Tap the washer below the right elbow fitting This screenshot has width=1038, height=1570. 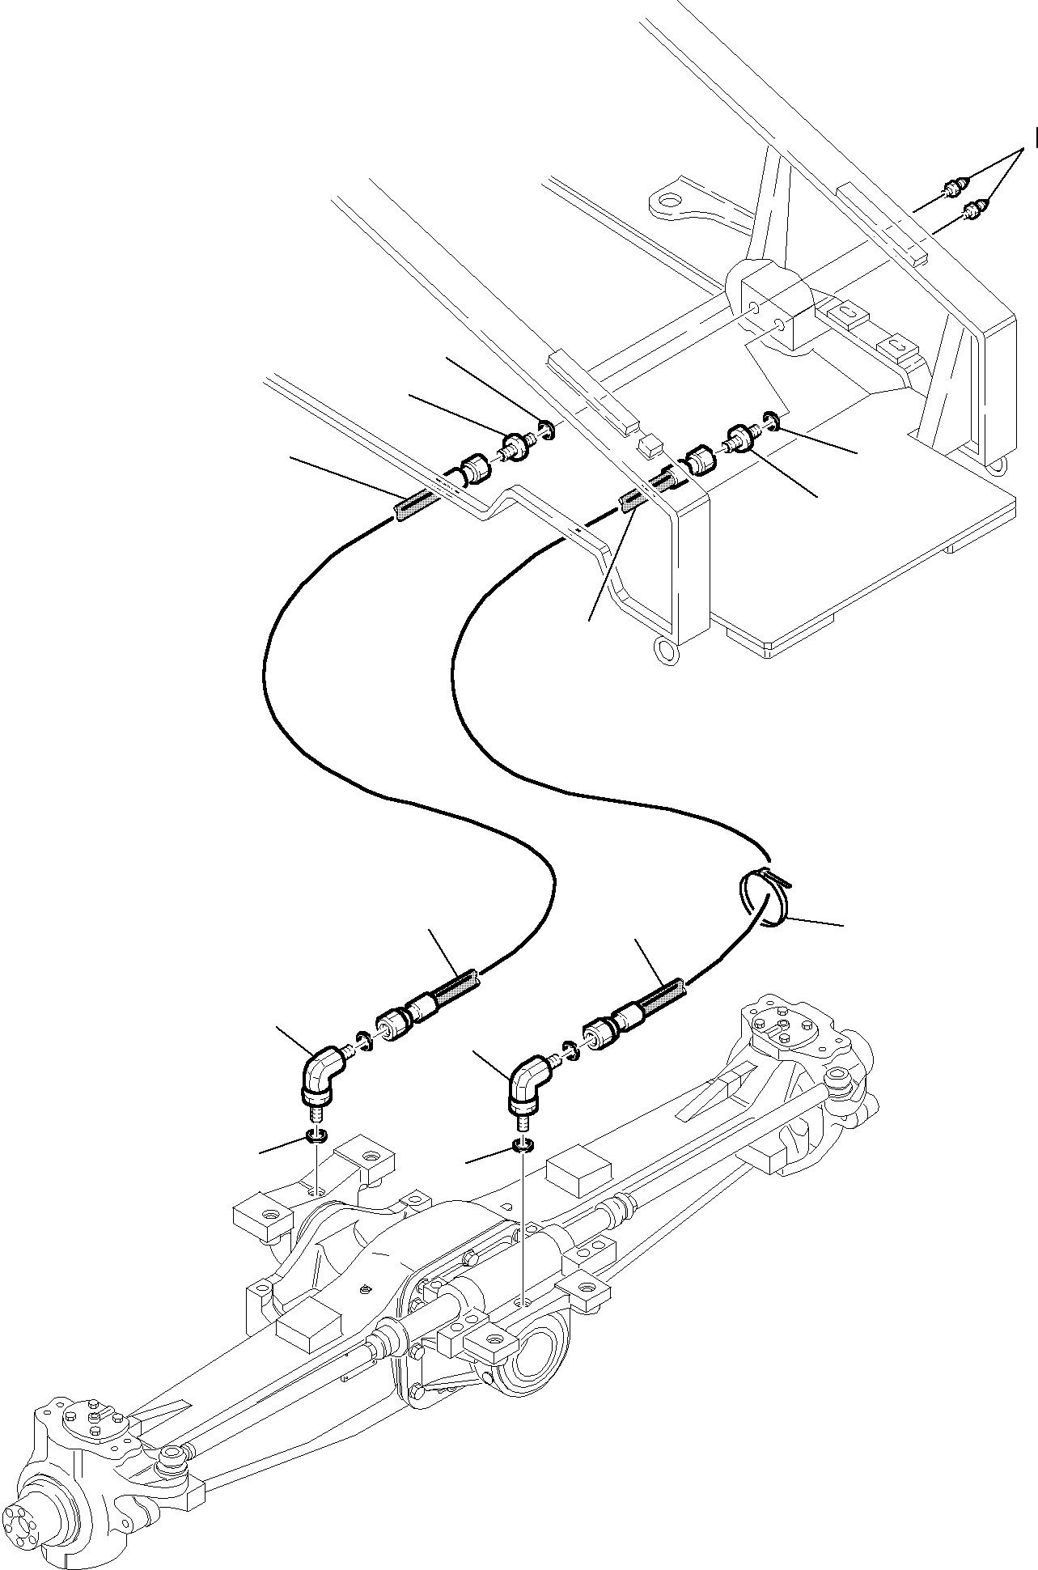pyautogui.click(x=523, y=1146)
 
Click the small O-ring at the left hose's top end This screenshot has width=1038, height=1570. pyautogui.click(x=547, y=430)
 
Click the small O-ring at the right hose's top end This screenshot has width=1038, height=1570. pyautogui.click(x=771, y=421)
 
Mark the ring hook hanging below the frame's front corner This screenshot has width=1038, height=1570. pyautogui.click(x=667, y=650)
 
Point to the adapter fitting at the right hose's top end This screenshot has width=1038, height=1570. pyautogui.click(x=741, y=438)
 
